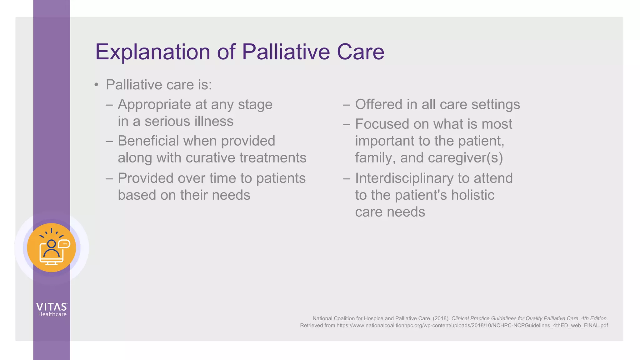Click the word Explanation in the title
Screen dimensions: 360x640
coord(152,52)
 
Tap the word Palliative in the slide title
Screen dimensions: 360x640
coord(286,52)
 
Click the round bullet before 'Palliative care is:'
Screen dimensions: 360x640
coord(96,85)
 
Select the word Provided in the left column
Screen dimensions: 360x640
coord(145,178)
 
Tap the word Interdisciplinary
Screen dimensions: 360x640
coord(404,178)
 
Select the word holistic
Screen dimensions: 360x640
coord(472,195)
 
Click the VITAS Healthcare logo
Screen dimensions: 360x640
coord(52,309)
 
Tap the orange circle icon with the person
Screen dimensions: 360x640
coord(52,248)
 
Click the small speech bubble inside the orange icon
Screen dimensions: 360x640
coord(64,244)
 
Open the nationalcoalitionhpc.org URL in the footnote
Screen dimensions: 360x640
coord(472,326)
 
